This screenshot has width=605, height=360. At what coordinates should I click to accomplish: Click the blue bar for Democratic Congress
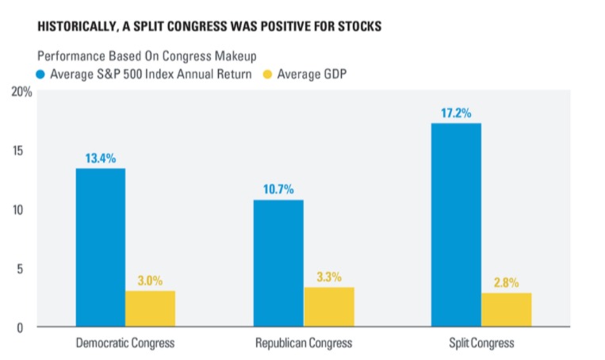coord(100,247)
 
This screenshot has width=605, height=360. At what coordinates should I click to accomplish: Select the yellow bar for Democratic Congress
coord(150,308)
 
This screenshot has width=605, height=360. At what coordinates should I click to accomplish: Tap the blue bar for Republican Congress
coord(278,263)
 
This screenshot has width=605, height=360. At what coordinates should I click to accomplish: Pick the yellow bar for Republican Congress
coord(328,307)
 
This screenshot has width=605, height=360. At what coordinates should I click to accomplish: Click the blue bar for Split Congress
coord(456,224)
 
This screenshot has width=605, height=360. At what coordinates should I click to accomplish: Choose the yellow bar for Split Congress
coord(506,310)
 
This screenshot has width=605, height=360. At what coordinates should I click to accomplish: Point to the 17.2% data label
coord(456,113)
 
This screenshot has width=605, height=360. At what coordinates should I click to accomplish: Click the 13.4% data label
coord(100,158)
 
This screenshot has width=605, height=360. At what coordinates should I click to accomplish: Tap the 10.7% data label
coord(278,190)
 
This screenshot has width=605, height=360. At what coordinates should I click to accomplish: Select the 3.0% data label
coord(150,281)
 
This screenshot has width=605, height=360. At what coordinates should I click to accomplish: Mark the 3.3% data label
coord(328,277)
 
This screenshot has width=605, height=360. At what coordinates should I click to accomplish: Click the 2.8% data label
coord(506,282)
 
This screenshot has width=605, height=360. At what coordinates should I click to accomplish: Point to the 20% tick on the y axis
coord(21,92)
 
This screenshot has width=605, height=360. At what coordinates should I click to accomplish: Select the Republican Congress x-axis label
coord(303,343)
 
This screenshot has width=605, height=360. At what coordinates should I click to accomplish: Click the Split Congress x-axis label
coord(481,343)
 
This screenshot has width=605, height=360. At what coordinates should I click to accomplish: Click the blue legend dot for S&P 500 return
coord(42,75)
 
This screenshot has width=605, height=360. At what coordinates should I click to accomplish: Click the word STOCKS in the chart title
coord(357,27)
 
